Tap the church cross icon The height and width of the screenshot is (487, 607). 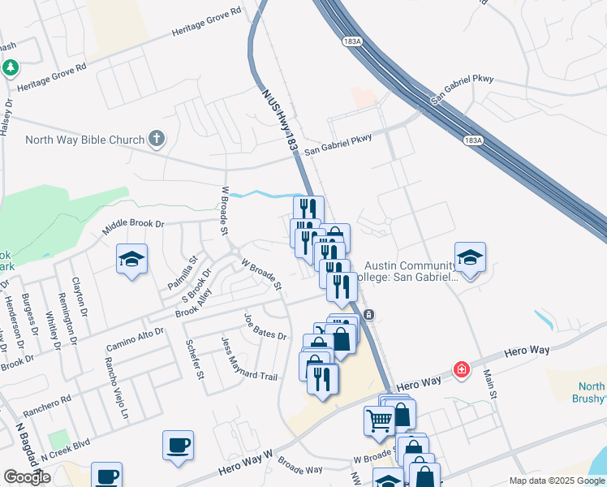[157, 140]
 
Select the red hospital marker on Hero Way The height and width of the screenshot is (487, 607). [462, 369]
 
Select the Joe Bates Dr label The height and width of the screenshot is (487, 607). [265, 325]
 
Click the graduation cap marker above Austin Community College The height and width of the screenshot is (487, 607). [470, 257]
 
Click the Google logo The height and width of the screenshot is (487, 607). [28, 477]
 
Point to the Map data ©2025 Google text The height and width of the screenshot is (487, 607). [557, 481]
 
